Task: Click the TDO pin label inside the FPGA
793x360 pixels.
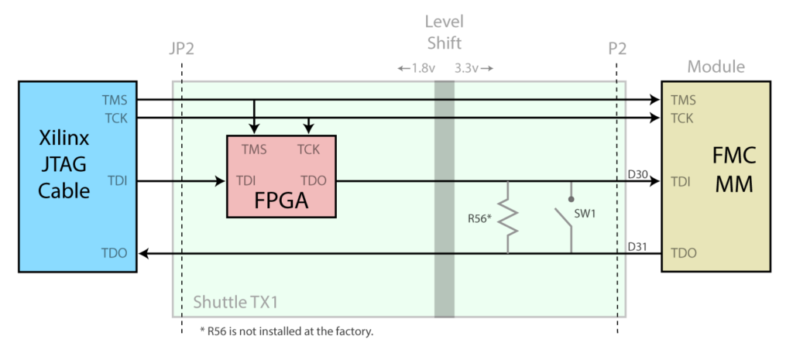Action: pyautogui.click(x=313, y=181)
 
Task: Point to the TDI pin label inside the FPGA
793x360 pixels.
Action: pyautogui.click(x=246, y=181)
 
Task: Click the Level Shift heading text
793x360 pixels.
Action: pyautogui.click(x=443, y=32)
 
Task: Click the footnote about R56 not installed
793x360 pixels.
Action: pyautogui.click(x=287, y=331)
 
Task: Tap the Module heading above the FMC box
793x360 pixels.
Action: pyautogui.click(x=716, y=67)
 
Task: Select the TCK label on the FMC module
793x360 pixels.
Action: pyautogui.click(x=682, y=118)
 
